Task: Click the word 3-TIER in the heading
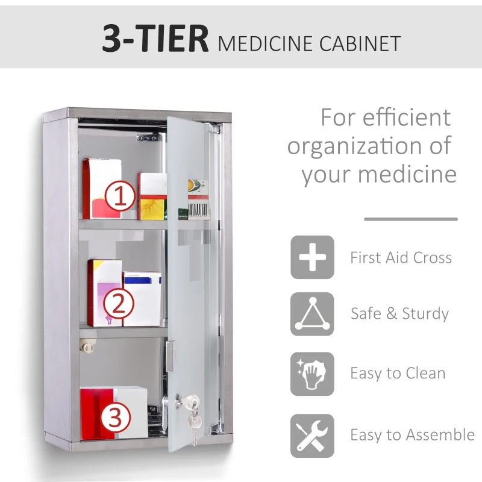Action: [155, 39]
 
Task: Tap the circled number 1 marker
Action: [120, 196]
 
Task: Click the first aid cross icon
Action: [312, 257]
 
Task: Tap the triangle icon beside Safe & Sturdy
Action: [312, 314]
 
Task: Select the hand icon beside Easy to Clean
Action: [312, 374]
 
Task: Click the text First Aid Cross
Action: [401, 258]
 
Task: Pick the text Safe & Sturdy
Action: [399, 314]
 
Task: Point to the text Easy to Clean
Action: [398, 374]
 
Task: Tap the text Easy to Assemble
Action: [412, 435]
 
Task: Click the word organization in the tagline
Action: [356, 146]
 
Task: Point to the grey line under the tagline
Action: [410, 219]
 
